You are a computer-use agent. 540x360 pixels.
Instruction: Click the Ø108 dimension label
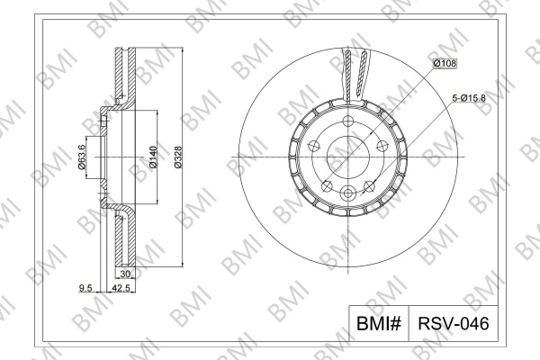tap(445, 63)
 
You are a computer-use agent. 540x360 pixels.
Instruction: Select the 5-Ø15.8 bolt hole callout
tap(469, 98)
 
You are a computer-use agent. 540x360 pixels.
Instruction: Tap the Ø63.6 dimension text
tap(82, 157)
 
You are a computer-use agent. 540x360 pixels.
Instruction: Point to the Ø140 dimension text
tap(153, 157)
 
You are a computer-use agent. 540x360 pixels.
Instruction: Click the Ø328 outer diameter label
tap(178, 157)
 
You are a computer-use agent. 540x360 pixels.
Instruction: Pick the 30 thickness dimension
tap(125, 274)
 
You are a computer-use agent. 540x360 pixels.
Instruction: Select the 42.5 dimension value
tap(121, 288)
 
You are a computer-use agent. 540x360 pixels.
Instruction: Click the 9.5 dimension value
tap(85, 288)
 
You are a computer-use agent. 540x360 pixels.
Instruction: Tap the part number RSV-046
tap(454, 324)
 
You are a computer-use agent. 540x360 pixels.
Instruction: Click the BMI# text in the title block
tap(379, 324)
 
